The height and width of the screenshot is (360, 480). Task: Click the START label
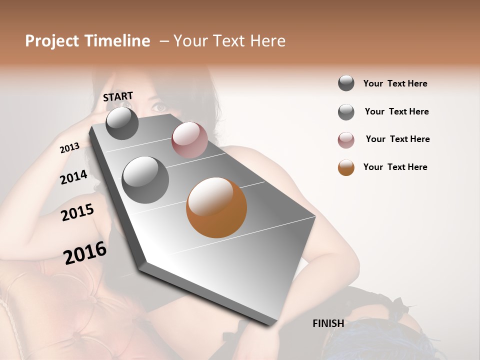point(118,96)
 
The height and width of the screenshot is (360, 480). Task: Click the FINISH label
point(328,323)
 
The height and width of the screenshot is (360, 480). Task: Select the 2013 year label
point(69,148)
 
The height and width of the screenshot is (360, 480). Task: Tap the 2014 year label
point(73,177)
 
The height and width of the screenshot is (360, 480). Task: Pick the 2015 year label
point(77,212)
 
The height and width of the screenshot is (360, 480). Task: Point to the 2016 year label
point(85,253)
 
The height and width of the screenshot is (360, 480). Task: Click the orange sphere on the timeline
point(216,207)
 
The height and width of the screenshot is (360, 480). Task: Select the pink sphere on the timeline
point(189,140)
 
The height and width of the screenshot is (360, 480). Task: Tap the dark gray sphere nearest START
point(122,123)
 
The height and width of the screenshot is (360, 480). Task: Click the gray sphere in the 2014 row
point(145,179)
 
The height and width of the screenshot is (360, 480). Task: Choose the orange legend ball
point(346,167)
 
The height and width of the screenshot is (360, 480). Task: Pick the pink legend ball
point(346,140)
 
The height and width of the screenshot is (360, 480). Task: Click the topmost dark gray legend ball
point(346,83)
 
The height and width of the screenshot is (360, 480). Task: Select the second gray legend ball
point(346,112)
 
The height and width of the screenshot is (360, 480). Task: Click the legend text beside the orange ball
point(395,167)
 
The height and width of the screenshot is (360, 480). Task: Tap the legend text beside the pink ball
point(397,139)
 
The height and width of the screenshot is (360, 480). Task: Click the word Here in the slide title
point(267,41)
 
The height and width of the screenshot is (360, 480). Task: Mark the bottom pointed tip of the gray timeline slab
point(270,324)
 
